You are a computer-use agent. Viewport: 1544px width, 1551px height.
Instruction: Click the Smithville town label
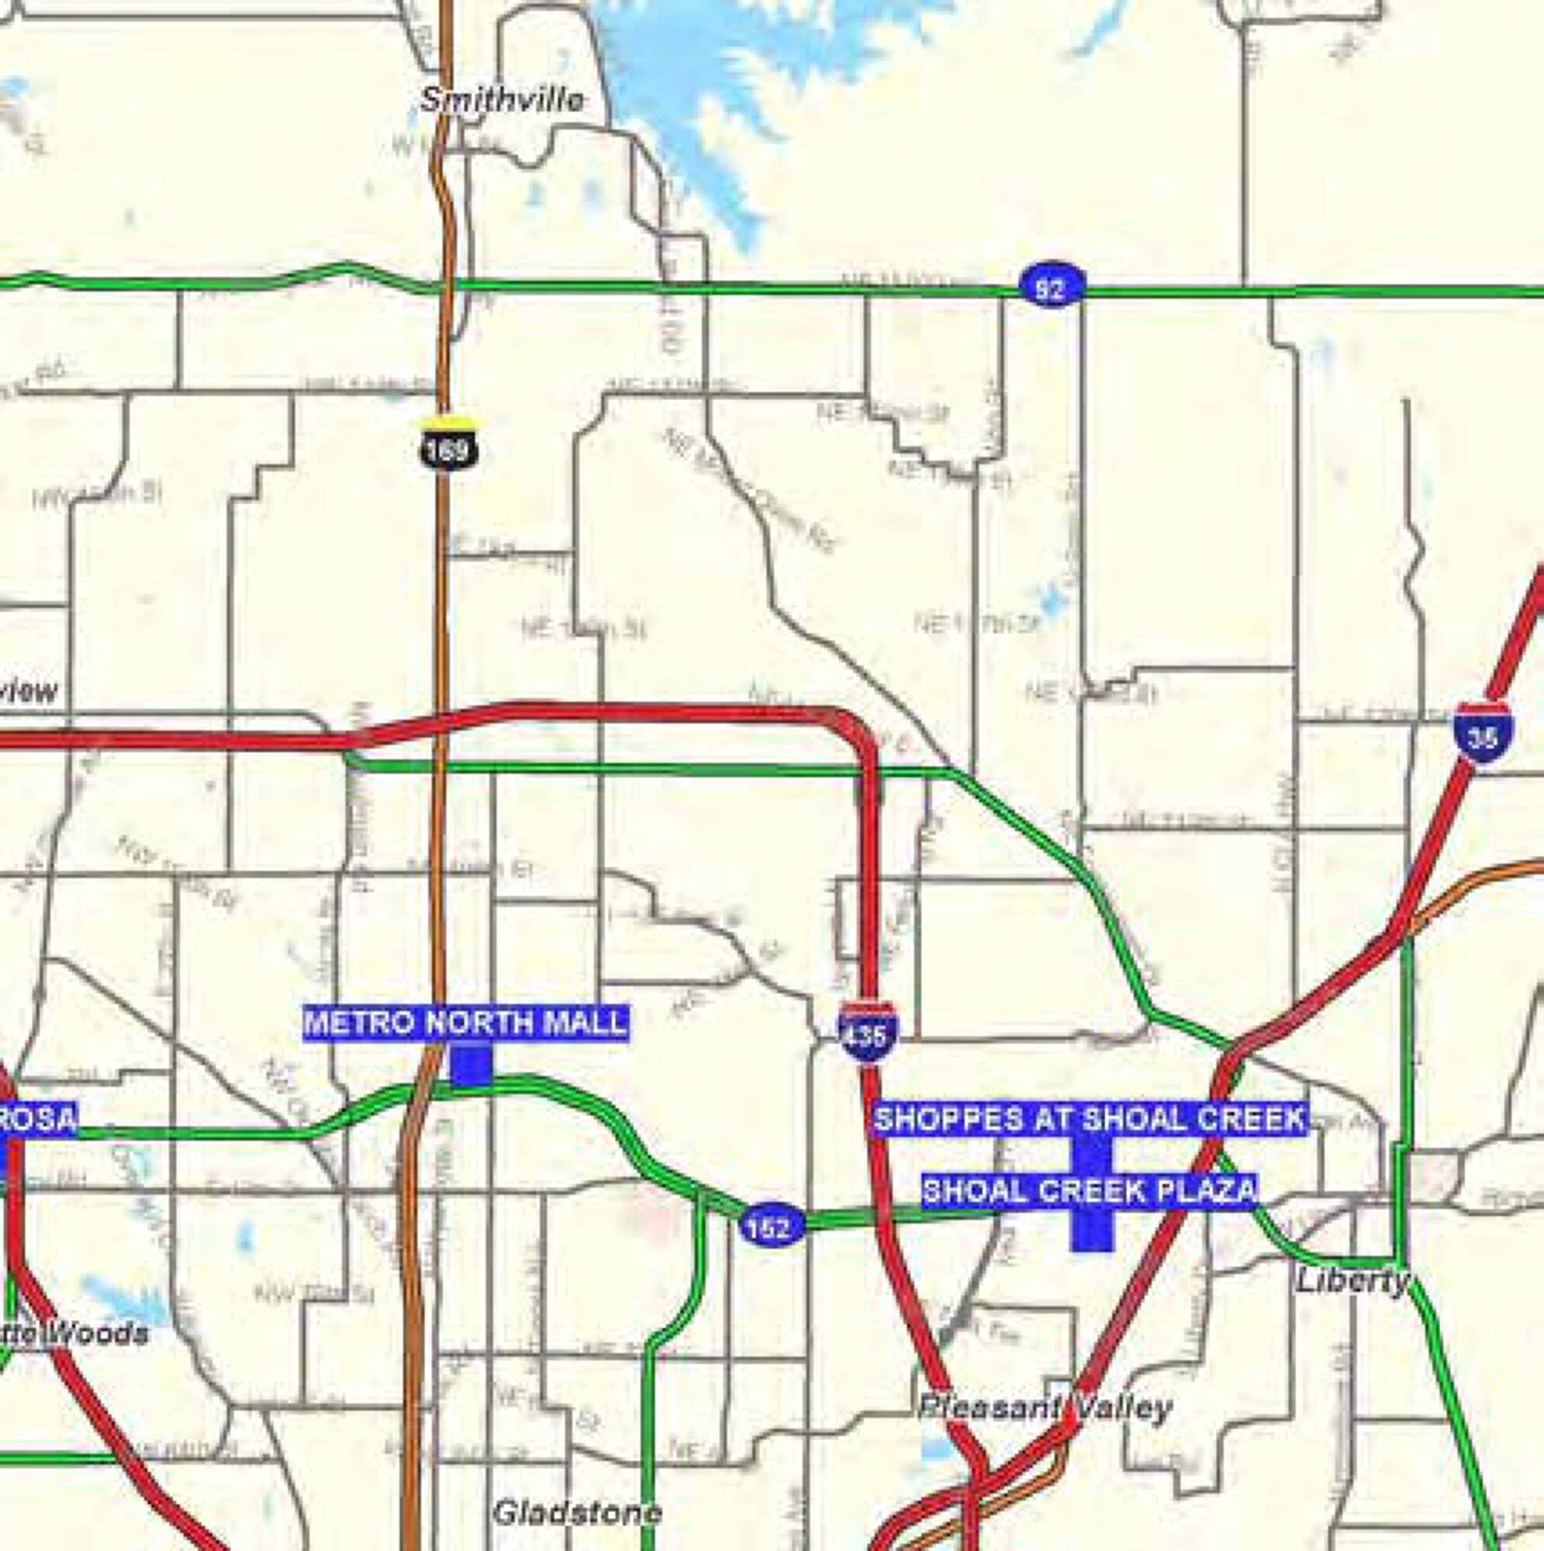point(503,100)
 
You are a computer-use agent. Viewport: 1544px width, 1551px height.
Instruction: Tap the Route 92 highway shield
point(1051,288)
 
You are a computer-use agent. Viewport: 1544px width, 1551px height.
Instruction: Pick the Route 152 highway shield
point(770,1226)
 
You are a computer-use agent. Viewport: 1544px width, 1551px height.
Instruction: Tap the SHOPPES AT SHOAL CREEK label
point(1090,1118)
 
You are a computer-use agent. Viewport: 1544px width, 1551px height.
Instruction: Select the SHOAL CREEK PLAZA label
point(1090,1190)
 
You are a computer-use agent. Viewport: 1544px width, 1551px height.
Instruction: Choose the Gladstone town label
point(577,1512)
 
